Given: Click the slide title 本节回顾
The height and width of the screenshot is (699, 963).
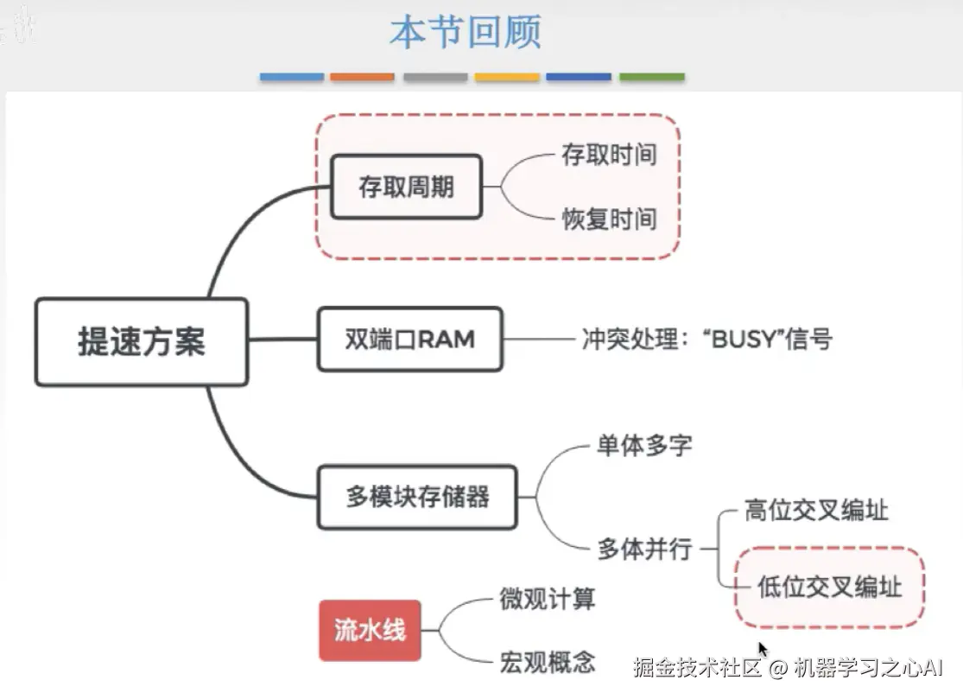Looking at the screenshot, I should tap(465, 32).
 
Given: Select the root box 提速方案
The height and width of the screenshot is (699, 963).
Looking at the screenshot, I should tap(142, 341).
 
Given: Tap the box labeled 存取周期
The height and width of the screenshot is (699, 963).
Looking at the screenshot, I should tap(407, 187).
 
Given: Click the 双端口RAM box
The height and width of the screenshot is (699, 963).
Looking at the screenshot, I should tap(409, 339).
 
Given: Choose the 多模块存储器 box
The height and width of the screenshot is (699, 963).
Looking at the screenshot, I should tap(417, 497).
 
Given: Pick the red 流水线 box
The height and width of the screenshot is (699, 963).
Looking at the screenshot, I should tap(370, 630).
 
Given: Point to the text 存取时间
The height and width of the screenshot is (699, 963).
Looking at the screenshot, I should tap(609, 156).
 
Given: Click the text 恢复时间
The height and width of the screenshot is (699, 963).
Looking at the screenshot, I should tap(609, 219).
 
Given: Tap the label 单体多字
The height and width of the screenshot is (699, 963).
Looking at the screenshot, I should tap(643, 446).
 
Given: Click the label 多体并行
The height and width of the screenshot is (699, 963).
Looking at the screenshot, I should tap(644, 548).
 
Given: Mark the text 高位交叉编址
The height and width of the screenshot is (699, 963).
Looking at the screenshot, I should tap(816, 511).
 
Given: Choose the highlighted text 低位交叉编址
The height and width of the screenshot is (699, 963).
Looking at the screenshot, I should tap(829, 588).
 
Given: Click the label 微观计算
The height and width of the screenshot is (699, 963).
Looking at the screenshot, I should tap(547, 598).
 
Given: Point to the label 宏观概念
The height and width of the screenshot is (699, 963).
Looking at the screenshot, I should tap(547, 663).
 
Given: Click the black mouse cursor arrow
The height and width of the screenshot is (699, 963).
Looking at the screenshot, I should tap(763, 649).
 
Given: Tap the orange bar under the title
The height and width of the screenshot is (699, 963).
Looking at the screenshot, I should tap(363, 77).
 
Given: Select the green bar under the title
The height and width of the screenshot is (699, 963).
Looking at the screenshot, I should tap(652, 77).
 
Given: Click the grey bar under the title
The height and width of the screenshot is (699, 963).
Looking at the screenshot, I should tap(435, 77).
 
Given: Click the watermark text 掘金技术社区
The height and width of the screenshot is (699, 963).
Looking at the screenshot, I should tap(698, 667).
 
